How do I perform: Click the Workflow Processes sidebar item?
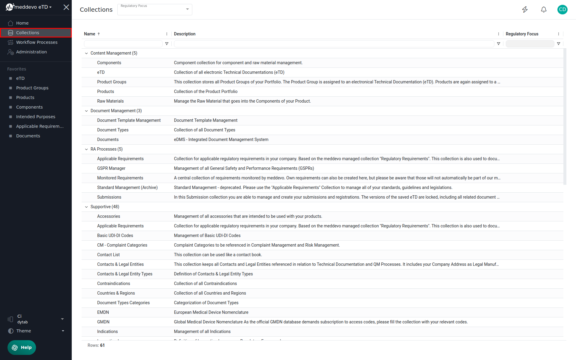tap(37, 42)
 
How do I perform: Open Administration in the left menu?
tap(31, 52)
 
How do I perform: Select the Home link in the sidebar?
tap(22, 23)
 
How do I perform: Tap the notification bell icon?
tap(544, 10)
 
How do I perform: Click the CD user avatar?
tap(562, 10)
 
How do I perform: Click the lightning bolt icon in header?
tap(525, 10)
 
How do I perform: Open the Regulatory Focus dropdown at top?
tap(154, 10)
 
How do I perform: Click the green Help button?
tap(22, 347)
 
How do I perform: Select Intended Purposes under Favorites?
tap(35, 117)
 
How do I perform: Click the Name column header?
tap(90, 34)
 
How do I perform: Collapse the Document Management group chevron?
tap(86, 111)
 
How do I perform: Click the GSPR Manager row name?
tap(111, 168)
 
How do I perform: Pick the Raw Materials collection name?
tap(110, 101)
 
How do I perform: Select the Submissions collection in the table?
tap(109, 197)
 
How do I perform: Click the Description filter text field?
tap(334, 44)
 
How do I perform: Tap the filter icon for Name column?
tap(167, 44)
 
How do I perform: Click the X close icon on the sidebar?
tap(66, 7)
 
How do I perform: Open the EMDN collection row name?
tap(103, 312)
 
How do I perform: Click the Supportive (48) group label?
tap(105, 207)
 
